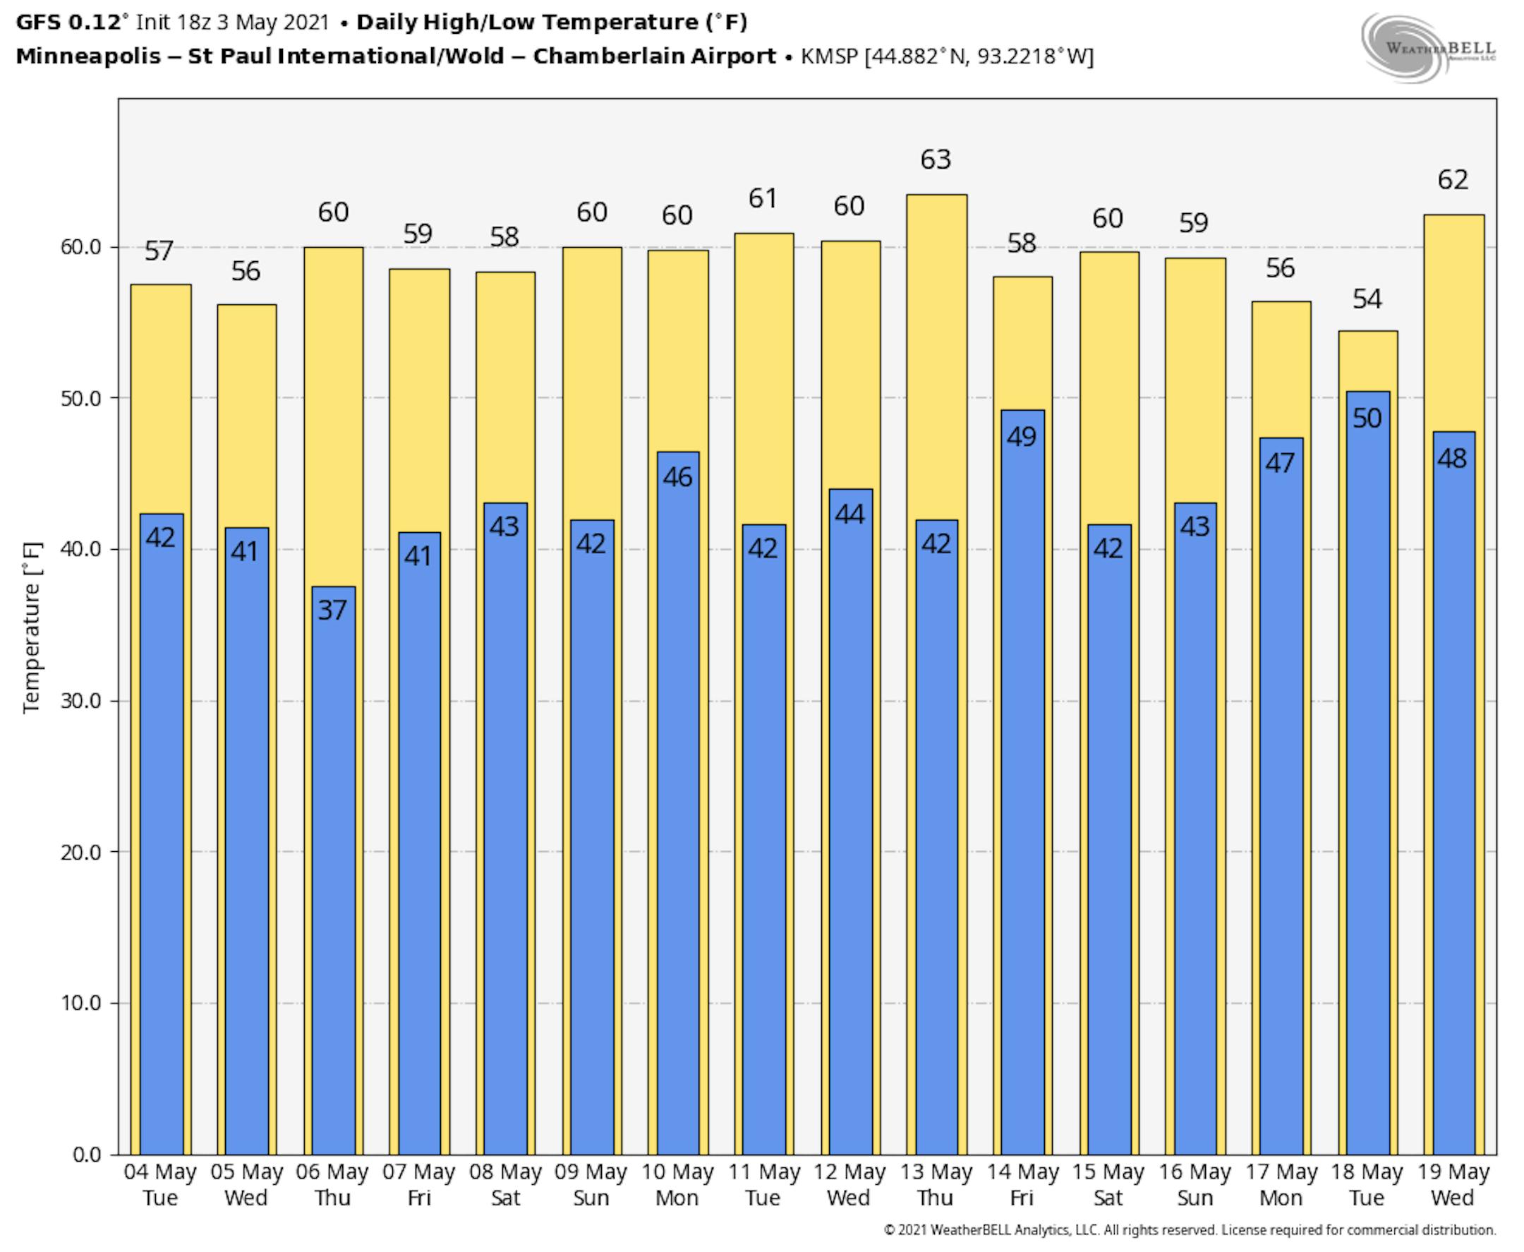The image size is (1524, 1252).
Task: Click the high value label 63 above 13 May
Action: pos(936,159)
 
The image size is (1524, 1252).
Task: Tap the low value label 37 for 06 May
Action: pos(332,610)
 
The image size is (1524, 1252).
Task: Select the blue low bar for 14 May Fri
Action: pos(1022,793)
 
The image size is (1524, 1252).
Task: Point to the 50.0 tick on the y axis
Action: pos(80,398)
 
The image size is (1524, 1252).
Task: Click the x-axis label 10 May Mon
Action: pos(677,1184)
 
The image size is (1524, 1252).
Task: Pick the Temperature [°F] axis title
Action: pos(32,627)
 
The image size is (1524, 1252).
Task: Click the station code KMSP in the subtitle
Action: pos(829,56)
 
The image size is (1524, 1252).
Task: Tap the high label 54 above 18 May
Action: pos(1367,299)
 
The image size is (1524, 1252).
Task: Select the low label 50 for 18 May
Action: pos(1367,419)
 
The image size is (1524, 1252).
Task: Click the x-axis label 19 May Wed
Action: pos(1453,1184)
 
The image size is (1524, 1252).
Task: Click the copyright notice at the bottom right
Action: pos(1190,1230)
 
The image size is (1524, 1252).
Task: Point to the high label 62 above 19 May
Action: pos(1453,179)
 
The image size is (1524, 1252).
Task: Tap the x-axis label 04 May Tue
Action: pos(160,1184)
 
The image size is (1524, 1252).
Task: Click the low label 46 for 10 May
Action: pos(677,476)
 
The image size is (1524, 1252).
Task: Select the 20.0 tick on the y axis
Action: pos(80,852)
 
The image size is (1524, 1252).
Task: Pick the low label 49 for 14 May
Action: pos(1022,436)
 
